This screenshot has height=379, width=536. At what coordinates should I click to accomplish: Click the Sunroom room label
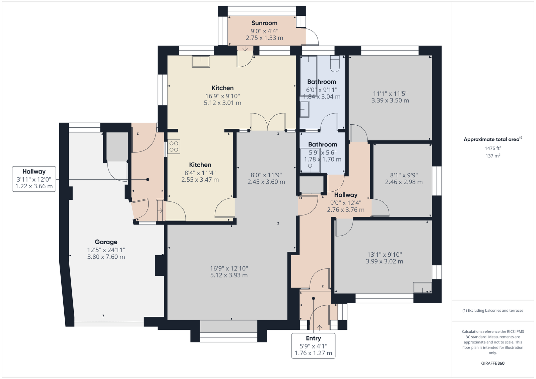click(264, 23)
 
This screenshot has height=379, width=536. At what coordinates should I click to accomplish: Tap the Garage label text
click(106, 242)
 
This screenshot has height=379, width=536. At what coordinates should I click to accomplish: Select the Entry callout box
click(313, 345)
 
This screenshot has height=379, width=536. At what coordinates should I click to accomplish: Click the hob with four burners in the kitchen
click(174, 146)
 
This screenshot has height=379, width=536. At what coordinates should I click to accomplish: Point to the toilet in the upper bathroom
click(335, 64)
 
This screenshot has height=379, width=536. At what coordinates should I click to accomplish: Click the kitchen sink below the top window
click(201, 62)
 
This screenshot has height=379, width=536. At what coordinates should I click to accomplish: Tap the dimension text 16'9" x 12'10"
click(229, 268)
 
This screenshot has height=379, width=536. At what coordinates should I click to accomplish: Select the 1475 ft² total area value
click(493, 148)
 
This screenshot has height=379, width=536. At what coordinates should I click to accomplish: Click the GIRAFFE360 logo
click(493, 363)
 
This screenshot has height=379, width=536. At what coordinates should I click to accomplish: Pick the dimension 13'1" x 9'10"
click(385, 254)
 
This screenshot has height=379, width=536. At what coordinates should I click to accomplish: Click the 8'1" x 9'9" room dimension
click(404, 175)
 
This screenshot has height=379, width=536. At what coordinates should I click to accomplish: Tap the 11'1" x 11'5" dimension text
click(390, 93)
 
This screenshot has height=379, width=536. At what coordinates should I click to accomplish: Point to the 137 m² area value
click(493, 156)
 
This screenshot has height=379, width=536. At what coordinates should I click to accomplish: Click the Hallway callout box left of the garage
click(34, 179)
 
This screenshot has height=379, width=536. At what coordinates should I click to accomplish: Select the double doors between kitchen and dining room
click(268, 122)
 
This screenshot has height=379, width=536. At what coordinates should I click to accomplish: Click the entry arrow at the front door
click(320, 327)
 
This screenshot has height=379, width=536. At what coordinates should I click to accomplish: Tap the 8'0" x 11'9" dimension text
click(266, 175)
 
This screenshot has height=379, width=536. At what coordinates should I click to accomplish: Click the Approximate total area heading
click(493, 139)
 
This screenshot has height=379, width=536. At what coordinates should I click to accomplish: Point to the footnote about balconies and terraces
click(493, 311)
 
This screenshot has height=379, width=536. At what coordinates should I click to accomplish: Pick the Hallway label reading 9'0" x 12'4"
click(346, 203)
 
